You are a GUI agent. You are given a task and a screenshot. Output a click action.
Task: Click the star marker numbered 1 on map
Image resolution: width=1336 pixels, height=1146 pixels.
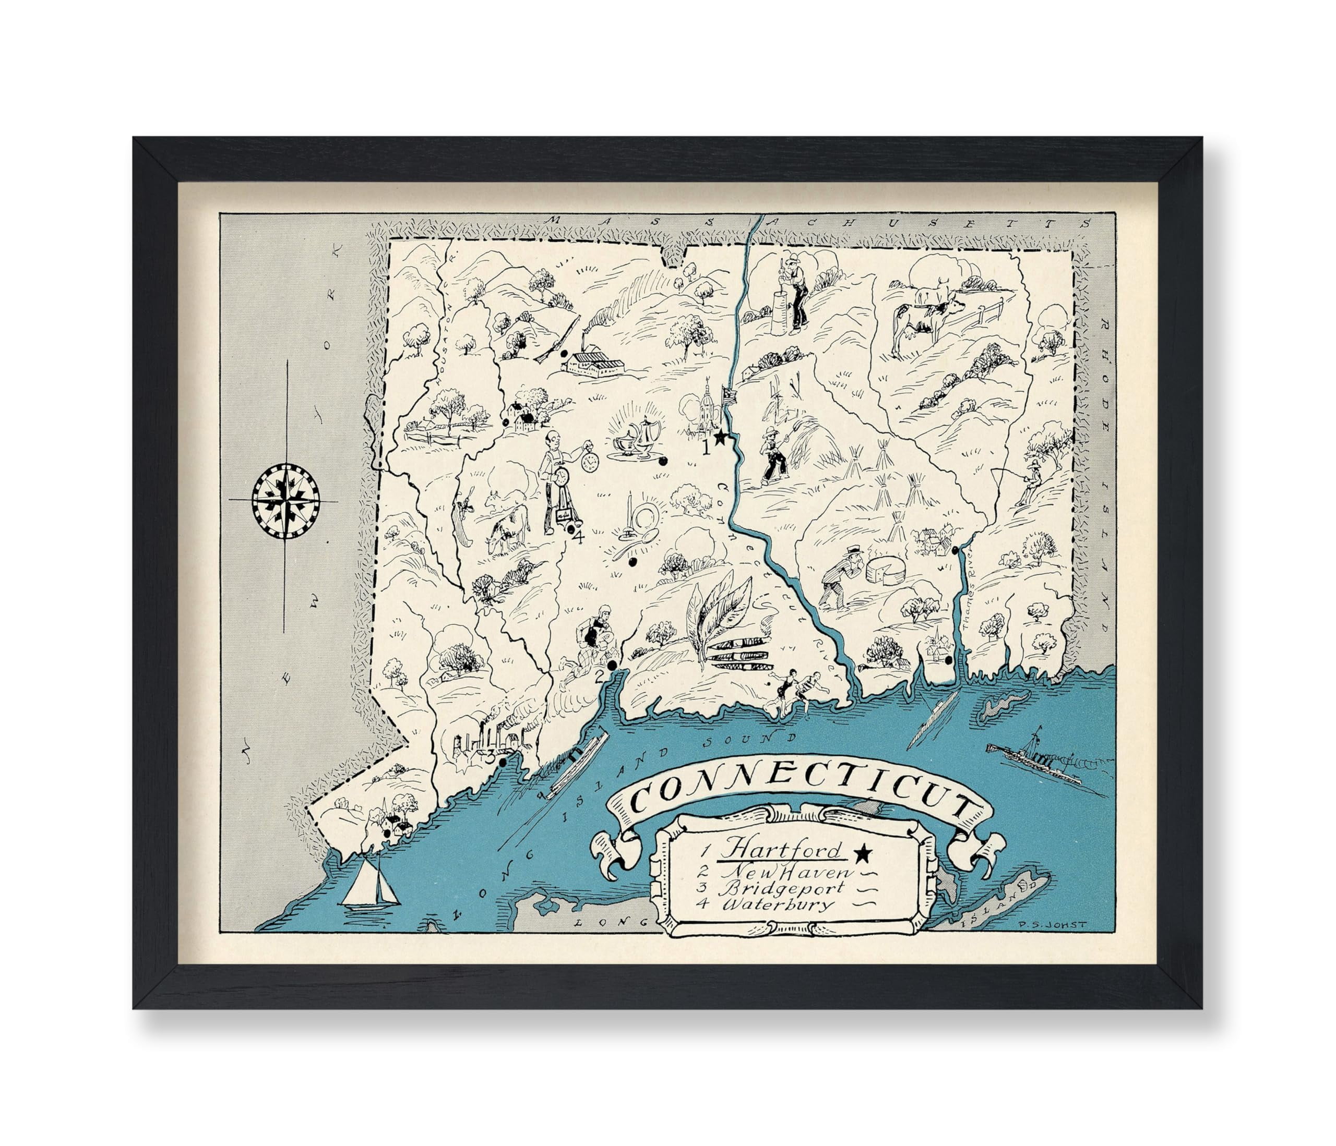pos(721,438)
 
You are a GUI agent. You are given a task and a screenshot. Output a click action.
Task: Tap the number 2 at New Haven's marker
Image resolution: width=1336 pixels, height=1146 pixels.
pos(600,676)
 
